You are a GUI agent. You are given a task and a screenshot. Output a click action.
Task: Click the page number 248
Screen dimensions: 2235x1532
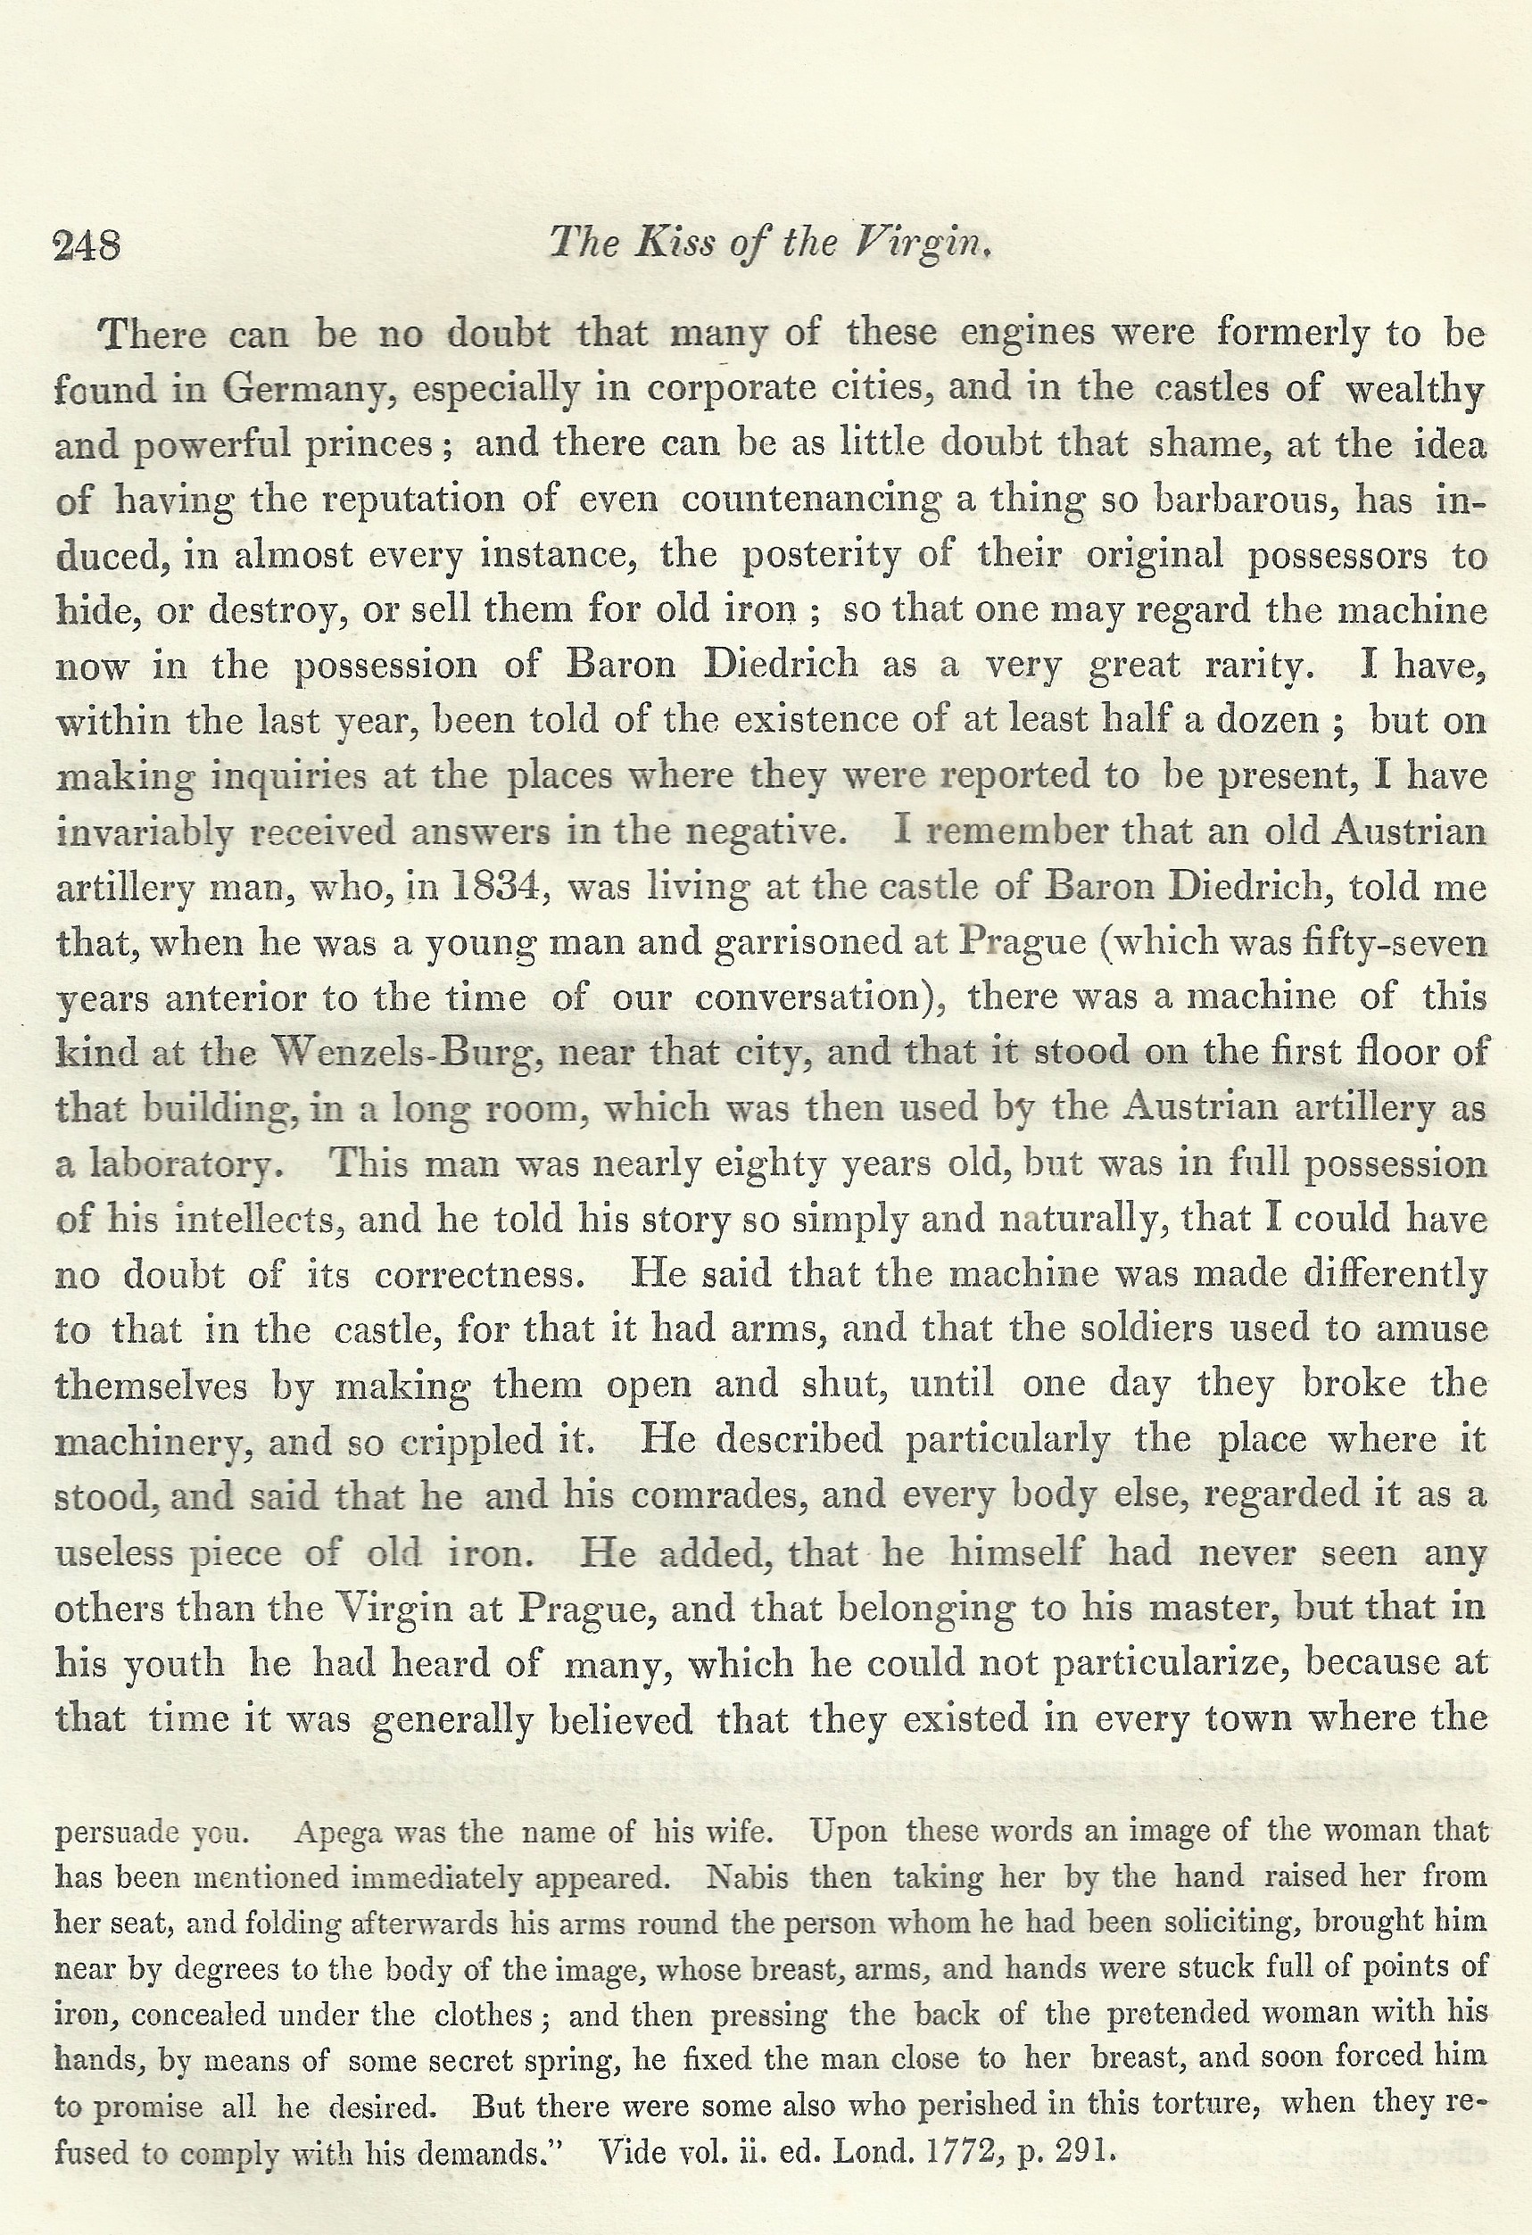(x=87, y=246)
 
